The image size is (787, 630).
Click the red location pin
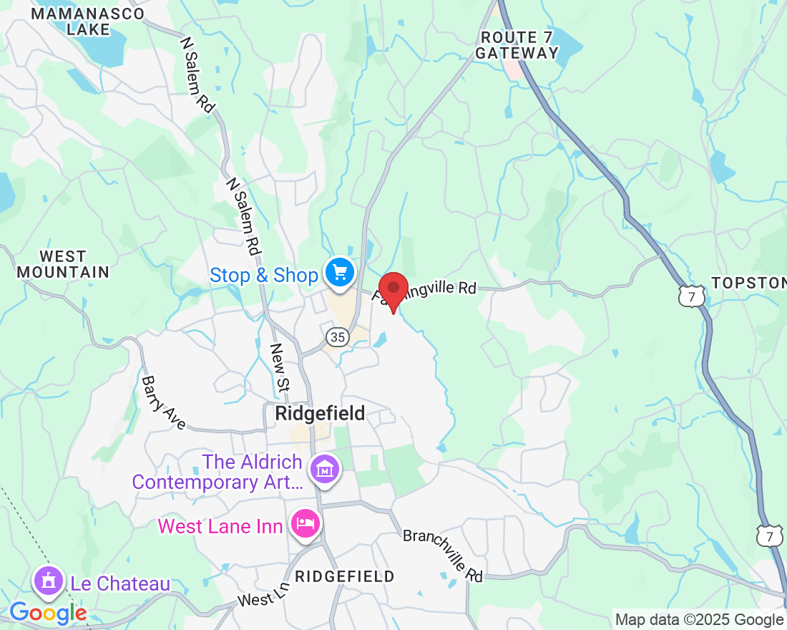pyautogui.click(x=393, y=290)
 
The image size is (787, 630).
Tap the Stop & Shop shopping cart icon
pyautogui.click(x=339, y=273)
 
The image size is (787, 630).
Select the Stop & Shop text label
pyautogui.click(x=263, y=276)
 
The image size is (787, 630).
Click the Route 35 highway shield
pyautogui.click(x=338, y=337)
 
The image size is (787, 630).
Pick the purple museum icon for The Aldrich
pyautogui.click(x=325, y=470)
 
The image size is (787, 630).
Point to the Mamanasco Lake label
pyautogui.click(x=87, y=21)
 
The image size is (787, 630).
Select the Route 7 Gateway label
pyautogui.click(x=517, y=45)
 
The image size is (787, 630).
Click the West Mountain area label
pyautogui.click(x=63, y=264)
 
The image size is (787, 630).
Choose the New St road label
pyautogui.click(x=279, y=367)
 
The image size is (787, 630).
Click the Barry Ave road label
pyautogui.click(x=164, y=404)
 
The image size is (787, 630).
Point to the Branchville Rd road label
pyautogui.click(x=443, y=555)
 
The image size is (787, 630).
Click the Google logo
pyautogui.click(x=48, y=613)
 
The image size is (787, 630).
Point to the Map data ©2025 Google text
pyautogui.click(x=699, y=620)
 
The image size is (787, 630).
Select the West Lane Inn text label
pyautogui.click(x=220, y=526)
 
